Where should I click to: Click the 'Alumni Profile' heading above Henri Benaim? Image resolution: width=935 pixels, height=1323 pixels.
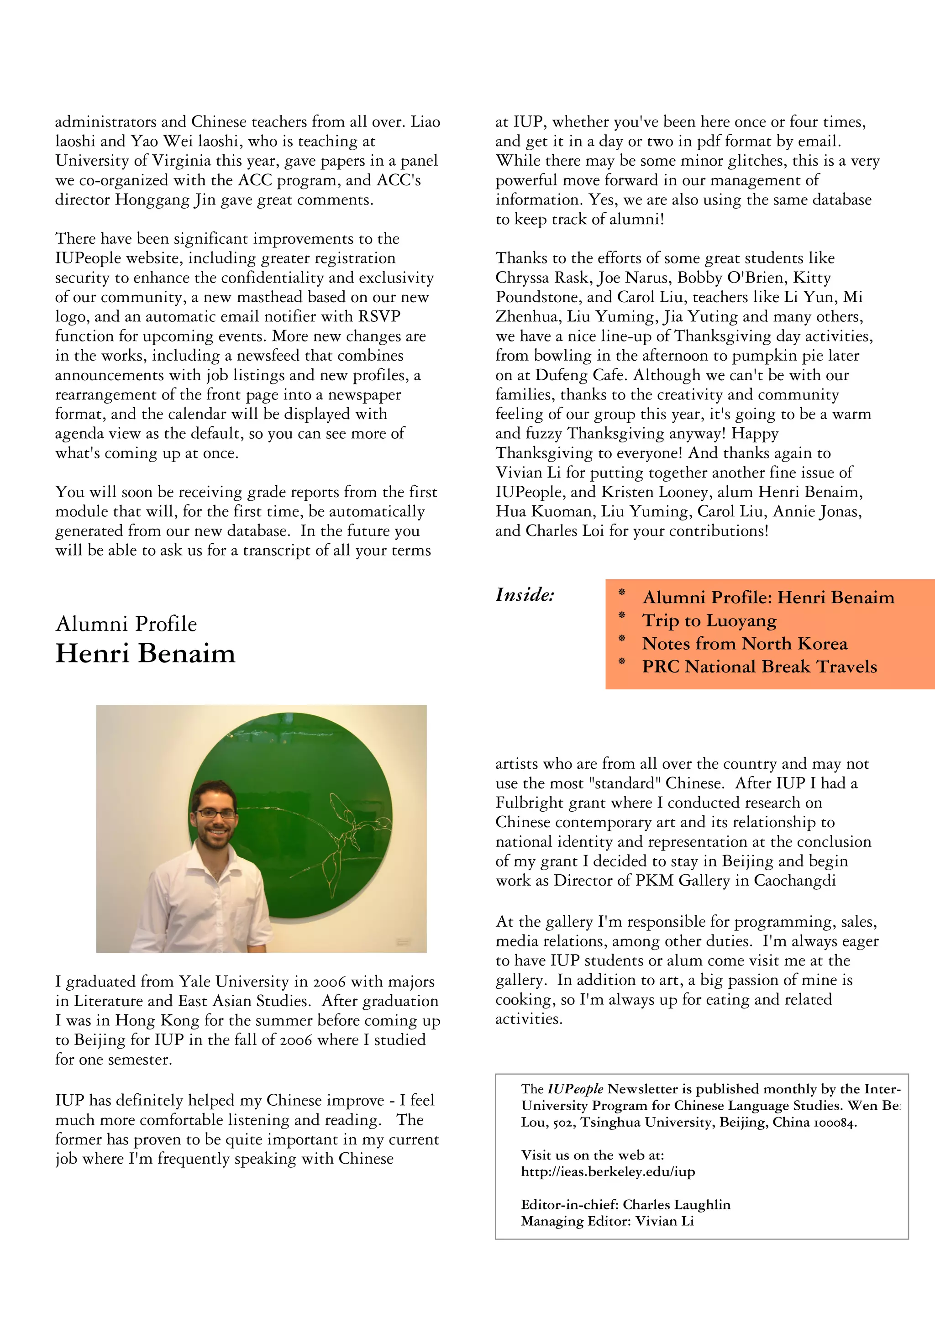click(126, 624)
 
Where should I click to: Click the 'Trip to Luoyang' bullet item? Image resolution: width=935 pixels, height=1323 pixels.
click(709, 620)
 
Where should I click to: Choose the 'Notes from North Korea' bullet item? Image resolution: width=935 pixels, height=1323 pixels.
click(744, 644)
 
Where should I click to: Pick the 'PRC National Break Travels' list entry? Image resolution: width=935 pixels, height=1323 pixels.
click(759, 667)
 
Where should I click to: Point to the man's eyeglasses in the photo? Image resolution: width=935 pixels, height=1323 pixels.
click(215, 814)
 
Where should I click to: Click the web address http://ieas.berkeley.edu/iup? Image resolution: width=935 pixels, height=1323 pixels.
click(608, 1171)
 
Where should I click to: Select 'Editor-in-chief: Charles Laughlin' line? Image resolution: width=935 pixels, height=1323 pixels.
click(625, 1205)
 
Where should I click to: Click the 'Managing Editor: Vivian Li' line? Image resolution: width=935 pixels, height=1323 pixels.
click(607, 1221)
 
